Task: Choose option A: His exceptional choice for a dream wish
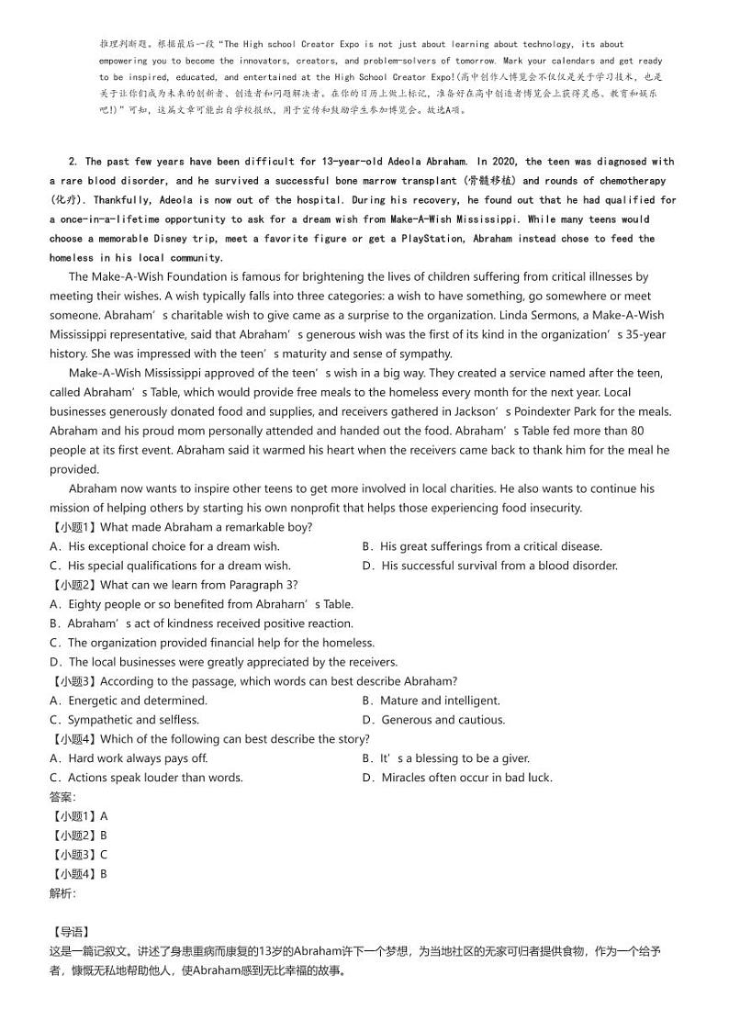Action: [x=164, y=546]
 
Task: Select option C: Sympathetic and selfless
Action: [x=124, y=720]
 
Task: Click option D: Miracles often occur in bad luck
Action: [x=458, y=778]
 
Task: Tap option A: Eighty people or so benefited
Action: [x=201, y=604]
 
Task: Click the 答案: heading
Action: [x=63, y=797]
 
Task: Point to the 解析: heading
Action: [x=63, y=893]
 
